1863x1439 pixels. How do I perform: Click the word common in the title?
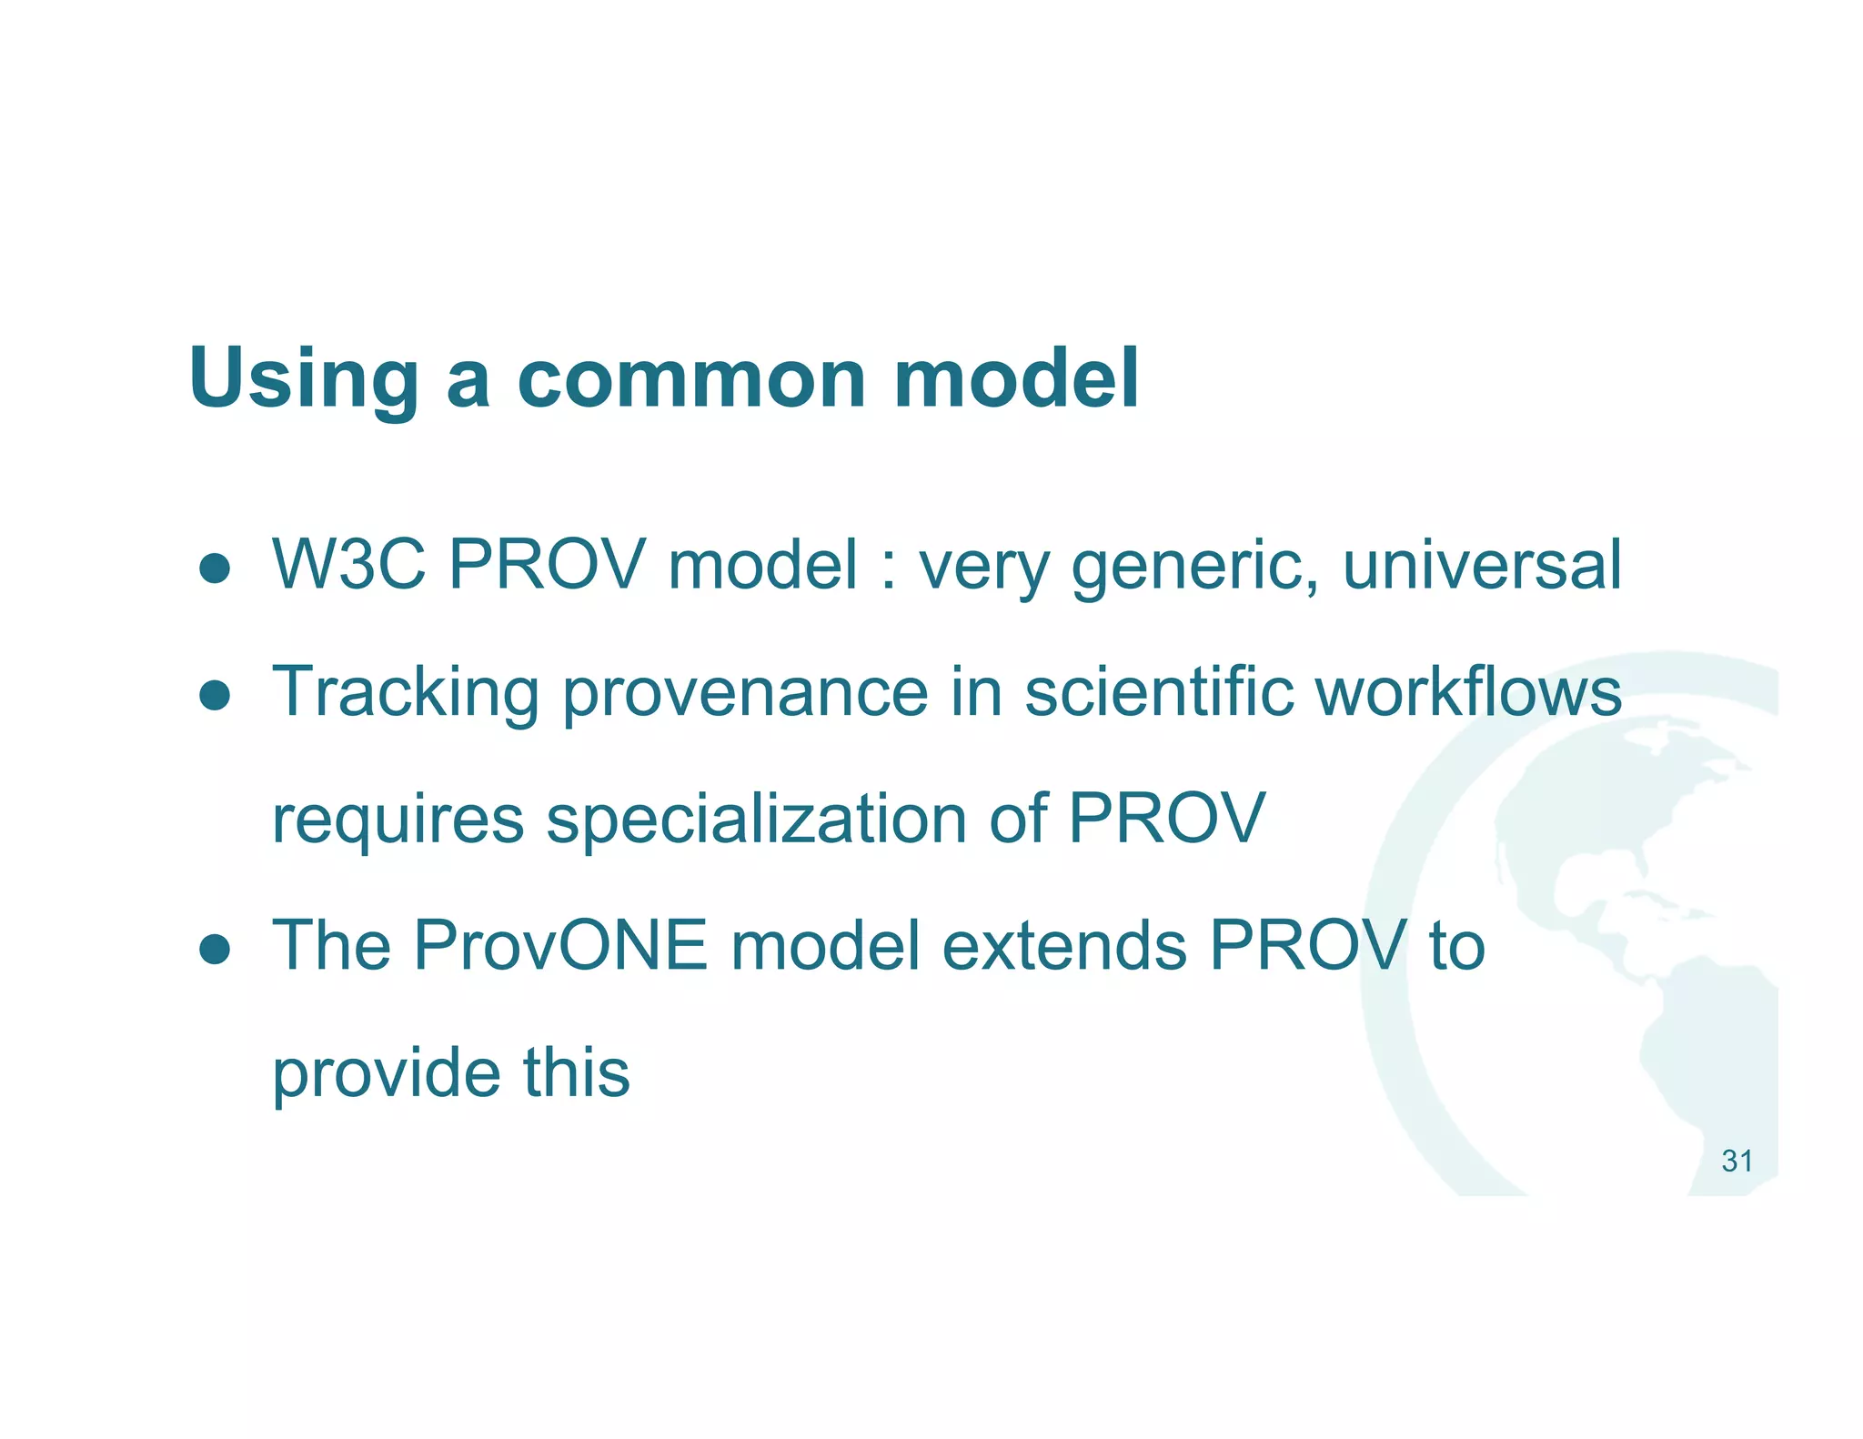click(x=691, y=379)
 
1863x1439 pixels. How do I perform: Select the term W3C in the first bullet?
click(x=348, y=566)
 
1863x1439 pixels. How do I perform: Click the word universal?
click(x=1482, y=566)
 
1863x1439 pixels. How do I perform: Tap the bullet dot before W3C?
click(x=216, y=569)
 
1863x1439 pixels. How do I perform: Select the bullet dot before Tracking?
click(x=216, y=696)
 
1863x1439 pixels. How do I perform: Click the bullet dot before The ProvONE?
click(x=216, y=949)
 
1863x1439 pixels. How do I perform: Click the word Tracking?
click(x=406, y=693)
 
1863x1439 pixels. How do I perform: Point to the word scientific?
click(x=1159, y=691)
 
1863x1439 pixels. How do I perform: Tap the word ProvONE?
click(x=559, y=946)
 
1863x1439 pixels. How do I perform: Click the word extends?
click(x=1064, y=946)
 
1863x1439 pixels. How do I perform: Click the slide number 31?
click(x=1737, y=1162)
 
